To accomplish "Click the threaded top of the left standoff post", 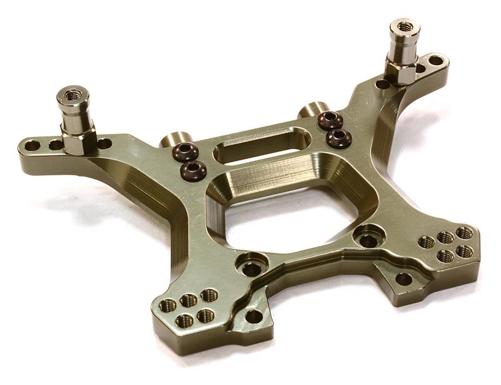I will (x=66, y=96).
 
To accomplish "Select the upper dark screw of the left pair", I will (x=185, y=151).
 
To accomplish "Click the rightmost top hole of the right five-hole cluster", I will (x=463, y=234).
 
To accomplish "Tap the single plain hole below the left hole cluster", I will (x=253, y=316).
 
